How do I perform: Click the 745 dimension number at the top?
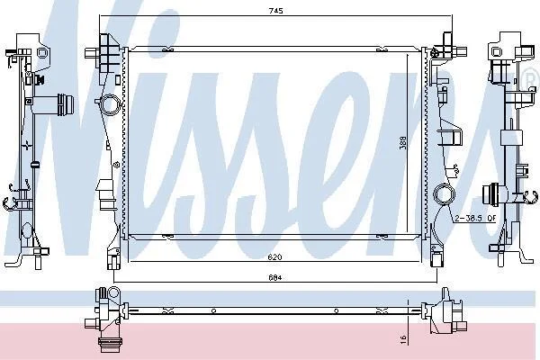pyautogui.click(x=276, y=11)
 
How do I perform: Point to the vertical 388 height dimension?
pyautogui.click(x=402, y=142)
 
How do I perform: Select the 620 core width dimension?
pyautogui.click(x=276, y=257)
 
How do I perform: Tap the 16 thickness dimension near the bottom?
pyautogui.click(x=404, y=339)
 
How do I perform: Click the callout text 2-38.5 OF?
pyautogui.click(x=475, y=218)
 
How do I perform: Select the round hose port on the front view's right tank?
pyautogui.click(x=445, y=194)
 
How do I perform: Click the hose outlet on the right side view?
pyautogui.click(x=491, y=194)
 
